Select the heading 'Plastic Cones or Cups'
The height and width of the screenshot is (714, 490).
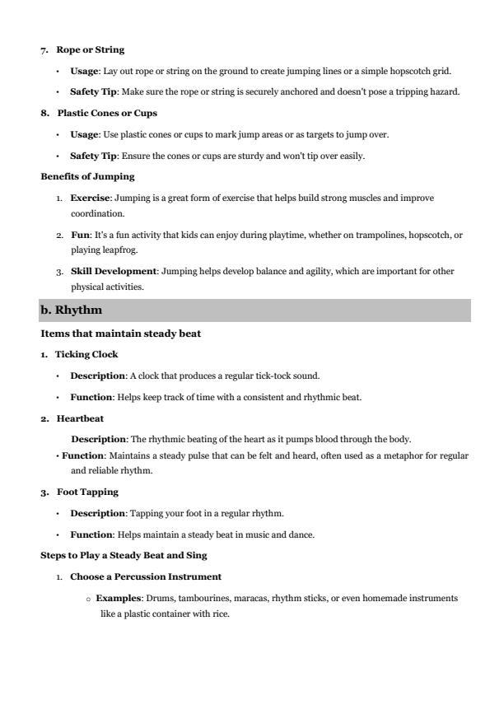point(107,114)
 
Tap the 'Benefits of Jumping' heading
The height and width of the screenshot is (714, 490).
point(87,176)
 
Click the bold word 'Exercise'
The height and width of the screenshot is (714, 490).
point(91,198)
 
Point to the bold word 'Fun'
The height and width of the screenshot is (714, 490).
point(78,236)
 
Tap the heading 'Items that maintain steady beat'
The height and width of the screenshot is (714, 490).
point(121,334)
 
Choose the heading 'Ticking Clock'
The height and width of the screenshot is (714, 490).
point(86,355)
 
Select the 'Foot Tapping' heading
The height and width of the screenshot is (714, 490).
point(87,492)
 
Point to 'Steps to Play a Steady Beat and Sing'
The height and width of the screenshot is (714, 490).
point(124,556)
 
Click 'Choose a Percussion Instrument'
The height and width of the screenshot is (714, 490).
point(146,577)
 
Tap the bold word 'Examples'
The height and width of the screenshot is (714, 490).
point(117,599)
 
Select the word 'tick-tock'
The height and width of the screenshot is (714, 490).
point(278,376)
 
